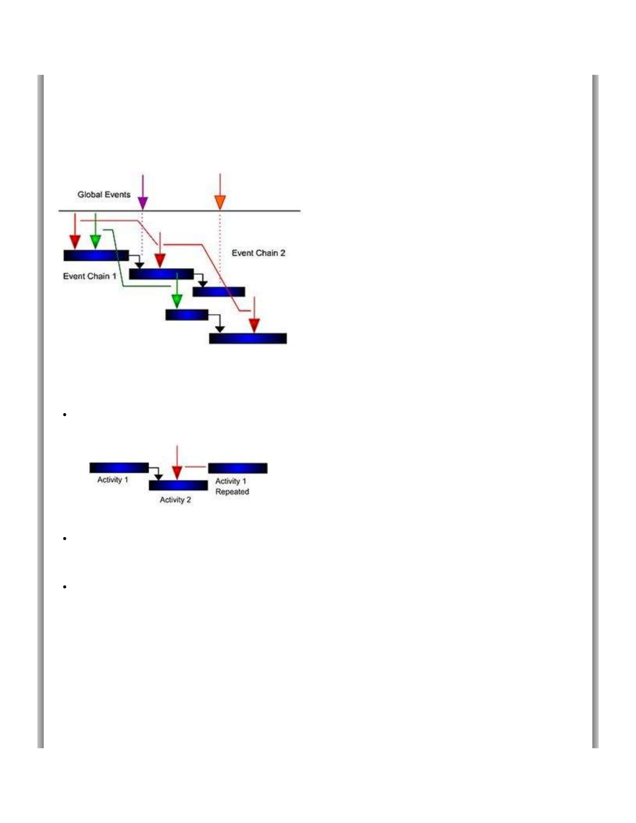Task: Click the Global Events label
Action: click(x=104, y=195)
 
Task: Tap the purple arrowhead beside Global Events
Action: click(x=142, y=202)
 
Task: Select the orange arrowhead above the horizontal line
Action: click(x=220, y=202)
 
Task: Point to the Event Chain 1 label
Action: click(x=89, y=276)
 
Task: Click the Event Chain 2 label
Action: click(x=258, y=253)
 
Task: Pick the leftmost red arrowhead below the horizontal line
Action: click(x=75, y=242)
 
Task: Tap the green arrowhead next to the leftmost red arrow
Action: click(x=95, y=242)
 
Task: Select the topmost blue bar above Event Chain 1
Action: click(x=96, y=256)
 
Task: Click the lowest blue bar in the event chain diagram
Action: click(x=248, y=339)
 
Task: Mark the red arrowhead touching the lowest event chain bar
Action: click(x=254, y=326)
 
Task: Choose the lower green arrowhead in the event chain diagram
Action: click(x=177, y=301)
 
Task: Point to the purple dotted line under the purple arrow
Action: click(x=142, y=234)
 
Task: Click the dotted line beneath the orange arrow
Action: click(x=220, y=244)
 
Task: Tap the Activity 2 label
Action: click(x=175, y=500)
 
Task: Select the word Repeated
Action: click(x=232, y=492)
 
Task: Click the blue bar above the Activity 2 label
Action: click(x=178, y=486)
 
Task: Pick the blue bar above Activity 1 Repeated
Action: click(x=238, y=468)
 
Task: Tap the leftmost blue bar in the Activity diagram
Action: click(x=119, y=468)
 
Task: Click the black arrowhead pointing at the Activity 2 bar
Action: click(x=158, y=477)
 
